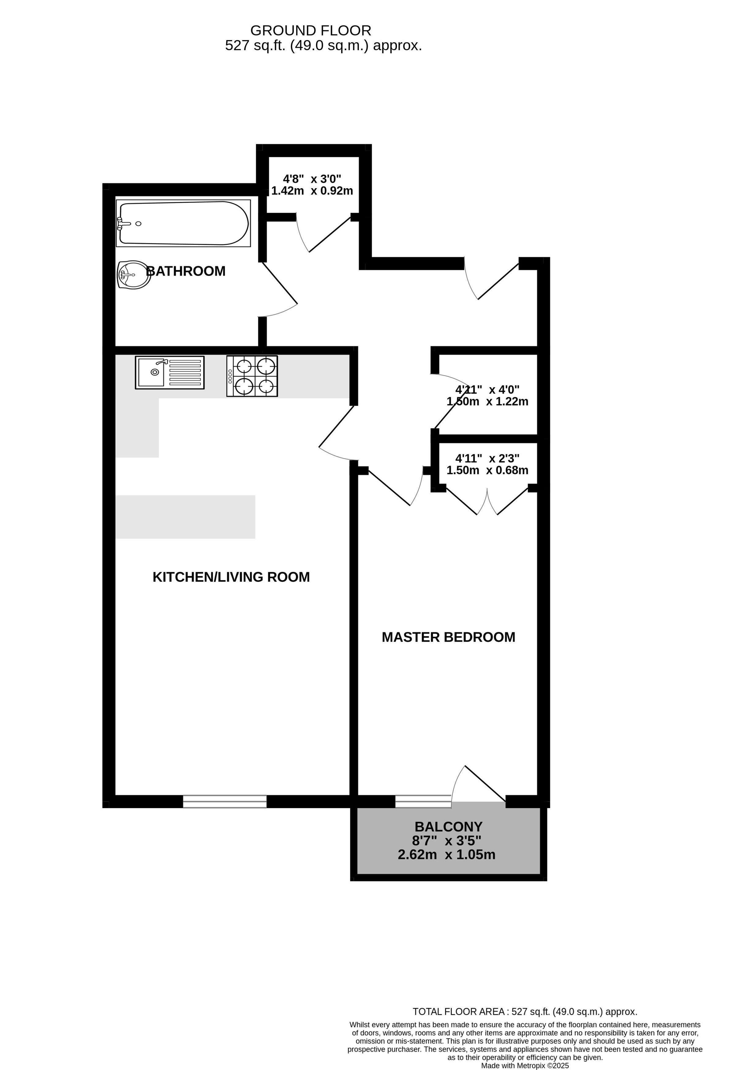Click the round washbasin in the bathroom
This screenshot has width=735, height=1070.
(134, 275)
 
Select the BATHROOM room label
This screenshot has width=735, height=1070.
(186, 271)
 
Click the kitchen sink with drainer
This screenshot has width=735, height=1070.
(170, 372)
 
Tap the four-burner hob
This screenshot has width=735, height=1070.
(252, 376)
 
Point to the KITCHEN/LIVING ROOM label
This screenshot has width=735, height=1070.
(231, 577)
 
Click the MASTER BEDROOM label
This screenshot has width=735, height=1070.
(448, 637)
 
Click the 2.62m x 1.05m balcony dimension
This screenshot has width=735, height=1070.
(447, 855)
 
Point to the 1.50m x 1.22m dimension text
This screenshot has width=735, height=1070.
(488, 401)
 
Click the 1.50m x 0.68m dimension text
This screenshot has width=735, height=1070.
(488, 470)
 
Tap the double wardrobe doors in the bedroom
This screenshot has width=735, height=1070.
(487, 501)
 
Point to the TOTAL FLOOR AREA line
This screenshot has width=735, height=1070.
(525, 1012)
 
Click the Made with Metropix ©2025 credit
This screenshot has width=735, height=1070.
(525, 1066)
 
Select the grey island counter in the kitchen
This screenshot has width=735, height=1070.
(185, 517)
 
